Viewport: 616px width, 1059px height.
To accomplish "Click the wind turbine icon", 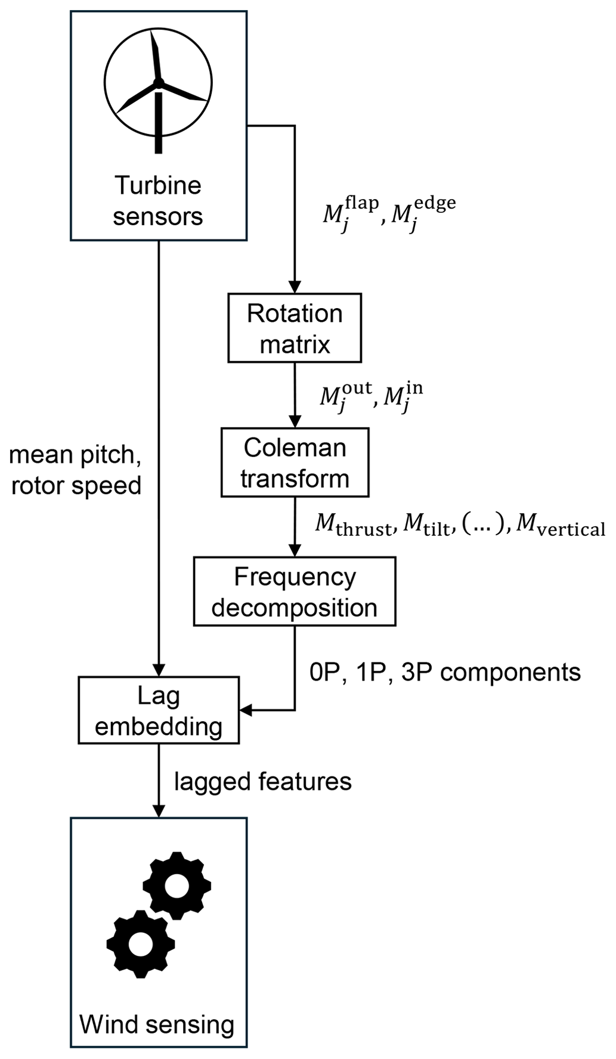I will pos(158,89).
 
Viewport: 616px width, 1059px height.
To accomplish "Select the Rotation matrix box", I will pos(295,328).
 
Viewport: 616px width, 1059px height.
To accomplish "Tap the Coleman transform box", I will pos(295,462).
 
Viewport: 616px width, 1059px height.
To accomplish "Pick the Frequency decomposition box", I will pos(295,591).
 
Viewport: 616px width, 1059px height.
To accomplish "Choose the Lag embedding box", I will pos(159,710).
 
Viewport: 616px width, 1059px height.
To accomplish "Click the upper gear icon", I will pos(177,886).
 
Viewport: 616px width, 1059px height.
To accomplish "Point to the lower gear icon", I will pos(141,943).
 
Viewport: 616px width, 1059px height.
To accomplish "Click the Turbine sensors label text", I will pos(158,201).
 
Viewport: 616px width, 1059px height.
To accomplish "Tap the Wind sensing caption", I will pos(157,1024).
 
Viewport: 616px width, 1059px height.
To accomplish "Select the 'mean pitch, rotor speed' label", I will pos(76,470).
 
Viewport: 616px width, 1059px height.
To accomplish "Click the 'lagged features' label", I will pos(263,781).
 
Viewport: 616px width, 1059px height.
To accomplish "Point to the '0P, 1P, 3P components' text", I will pos(445,672).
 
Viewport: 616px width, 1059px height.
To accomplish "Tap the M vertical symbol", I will pos(561,526).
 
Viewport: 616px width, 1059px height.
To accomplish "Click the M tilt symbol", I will pos(427,526).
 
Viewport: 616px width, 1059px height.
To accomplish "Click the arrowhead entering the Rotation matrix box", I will pos(295,287).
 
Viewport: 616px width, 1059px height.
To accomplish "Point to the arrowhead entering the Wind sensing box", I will pos(159,811).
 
